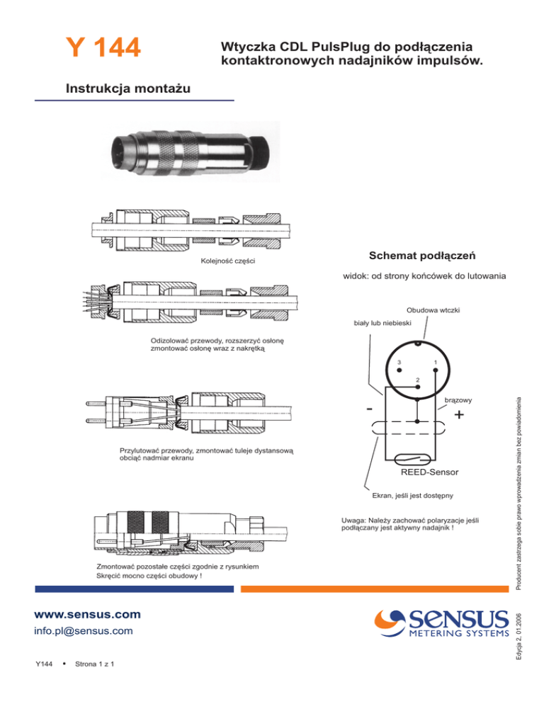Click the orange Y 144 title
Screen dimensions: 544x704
point(103,47)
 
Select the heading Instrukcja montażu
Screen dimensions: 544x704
point(128,89)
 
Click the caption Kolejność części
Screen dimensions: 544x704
point(228,261)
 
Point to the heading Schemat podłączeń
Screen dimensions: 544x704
point(422,256)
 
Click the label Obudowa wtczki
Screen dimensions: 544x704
point(433,310)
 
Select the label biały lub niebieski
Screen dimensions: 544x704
point(382,323)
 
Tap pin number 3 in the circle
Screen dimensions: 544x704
point(399,370)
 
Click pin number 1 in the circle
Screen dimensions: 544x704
point(436,370)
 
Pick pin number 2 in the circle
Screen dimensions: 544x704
point(418,387)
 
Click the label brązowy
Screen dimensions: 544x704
point(458,400)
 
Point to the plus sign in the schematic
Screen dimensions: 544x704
point(459,414)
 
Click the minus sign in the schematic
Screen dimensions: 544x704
point(369,409)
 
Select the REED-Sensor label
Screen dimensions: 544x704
point(429,472)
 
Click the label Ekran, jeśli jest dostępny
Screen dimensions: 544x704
point(412,496)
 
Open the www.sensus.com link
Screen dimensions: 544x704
point(88,614)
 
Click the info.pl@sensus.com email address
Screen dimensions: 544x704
point(84,631)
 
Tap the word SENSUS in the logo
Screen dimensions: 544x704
point(458,620)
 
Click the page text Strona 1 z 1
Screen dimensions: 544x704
point(94,664)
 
